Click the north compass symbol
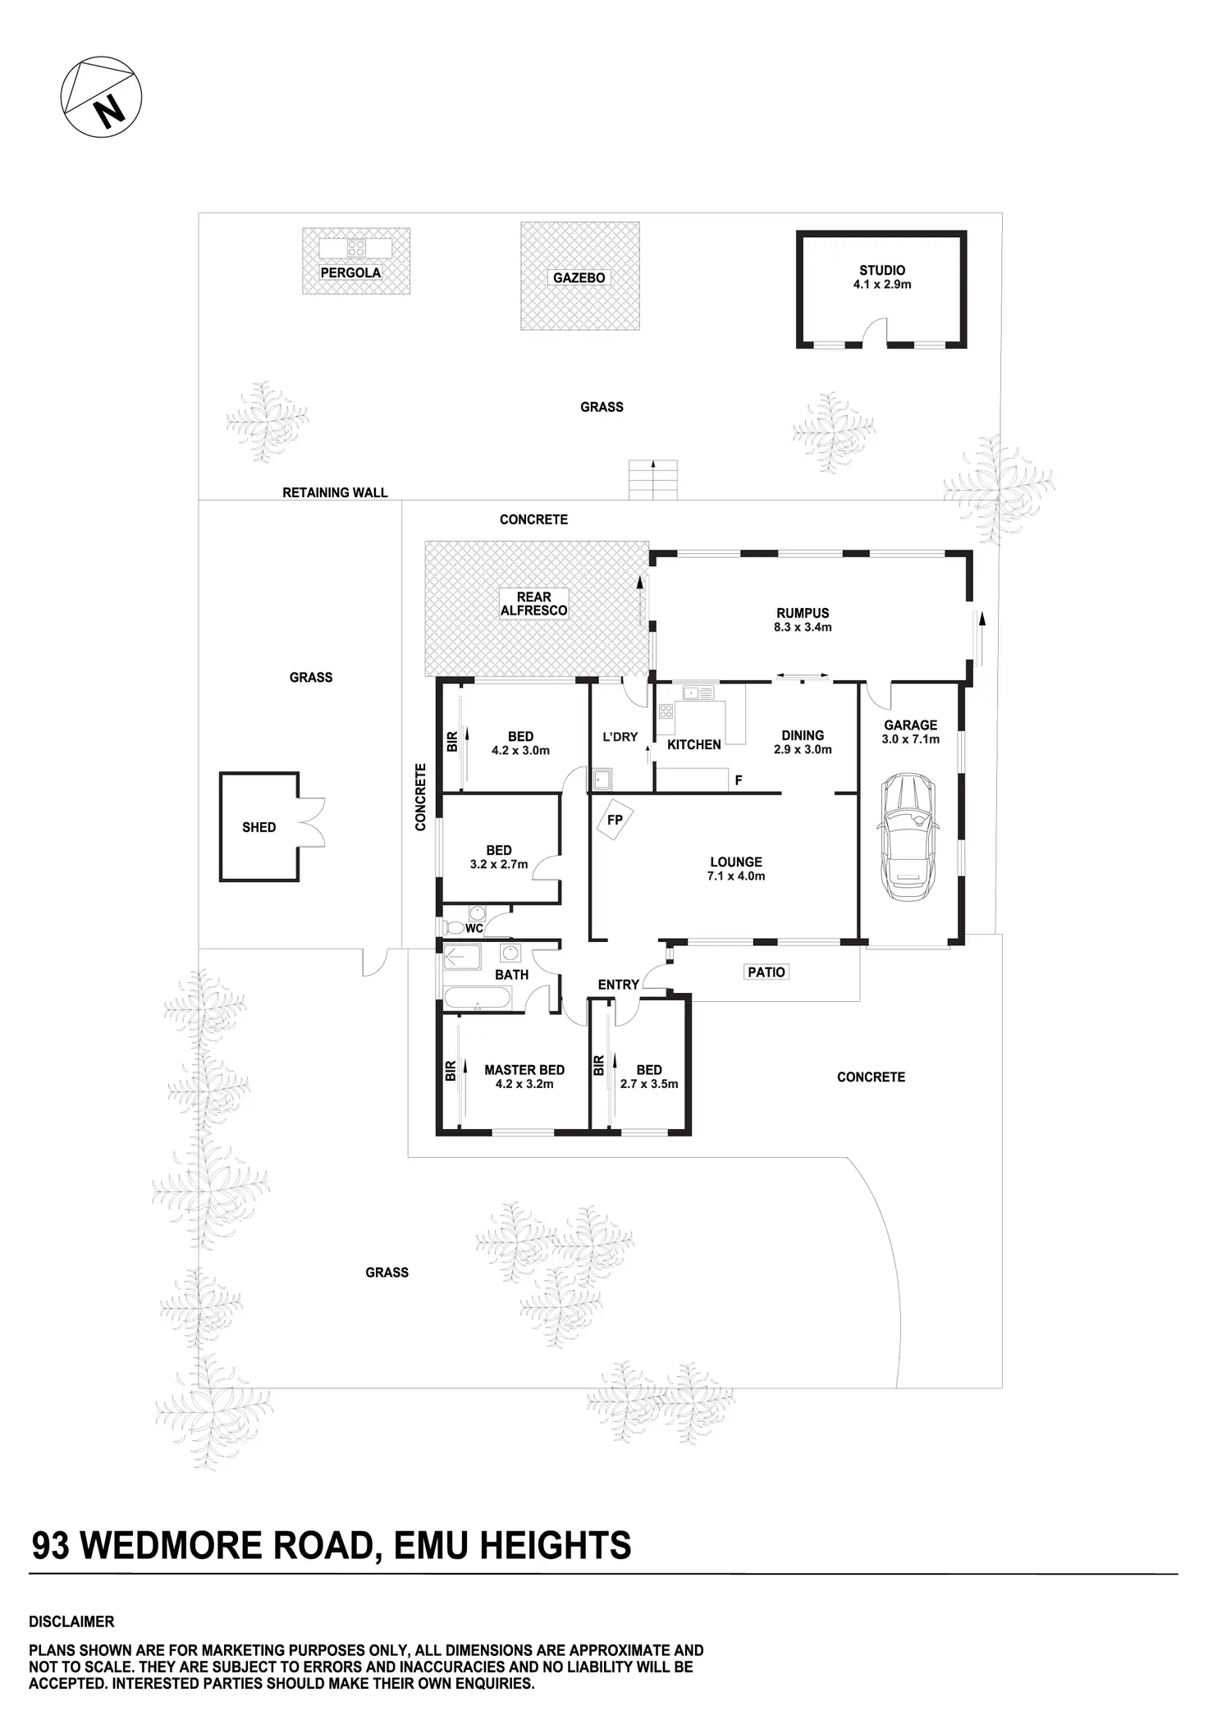point(101,97)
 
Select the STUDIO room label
point(882,270)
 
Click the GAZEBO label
point(579,278)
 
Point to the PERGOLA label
point(350,272)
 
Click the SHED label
point(259,827)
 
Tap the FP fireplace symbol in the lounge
point(615,821)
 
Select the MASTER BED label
point(524,1070)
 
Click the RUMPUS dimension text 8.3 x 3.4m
point(803,627)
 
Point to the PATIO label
point(766,972)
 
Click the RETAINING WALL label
point(335,492)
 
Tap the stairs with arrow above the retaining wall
point(653,479)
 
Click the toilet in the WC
point(453,927)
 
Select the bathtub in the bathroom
point(478,999)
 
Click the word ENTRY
point(618,985)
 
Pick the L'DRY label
point(620,737)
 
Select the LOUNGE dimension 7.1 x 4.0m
point(736,876)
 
